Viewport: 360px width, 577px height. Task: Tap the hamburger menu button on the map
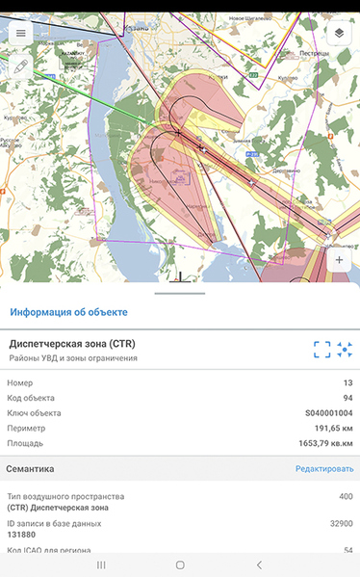click(20, 32)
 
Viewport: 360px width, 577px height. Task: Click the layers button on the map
click(340, 32)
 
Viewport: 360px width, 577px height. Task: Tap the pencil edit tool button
click(20, 67)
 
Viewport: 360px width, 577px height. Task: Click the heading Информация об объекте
click(68, 312)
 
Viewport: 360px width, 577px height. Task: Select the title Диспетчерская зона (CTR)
click(72, 343)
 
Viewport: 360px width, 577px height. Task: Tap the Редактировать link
click(324, 469)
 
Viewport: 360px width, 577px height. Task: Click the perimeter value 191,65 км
click(328, 428)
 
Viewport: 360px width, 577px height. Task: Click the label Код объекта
click(31, 397)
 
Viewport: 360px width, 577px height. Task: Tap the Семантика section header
click(30, 469)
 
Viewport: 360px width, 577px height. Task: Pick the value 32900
click(340, 523)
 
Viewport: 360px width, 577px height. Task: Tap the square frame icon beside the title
click(321, 350)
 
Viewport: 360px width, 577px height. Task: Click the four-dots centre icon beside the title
click(346, 350)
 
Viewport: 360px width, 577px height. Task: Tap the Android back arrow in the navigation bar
click(258, 564)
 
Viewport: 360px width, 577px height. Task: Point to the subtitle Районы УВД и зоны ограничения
click(73, 358)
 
